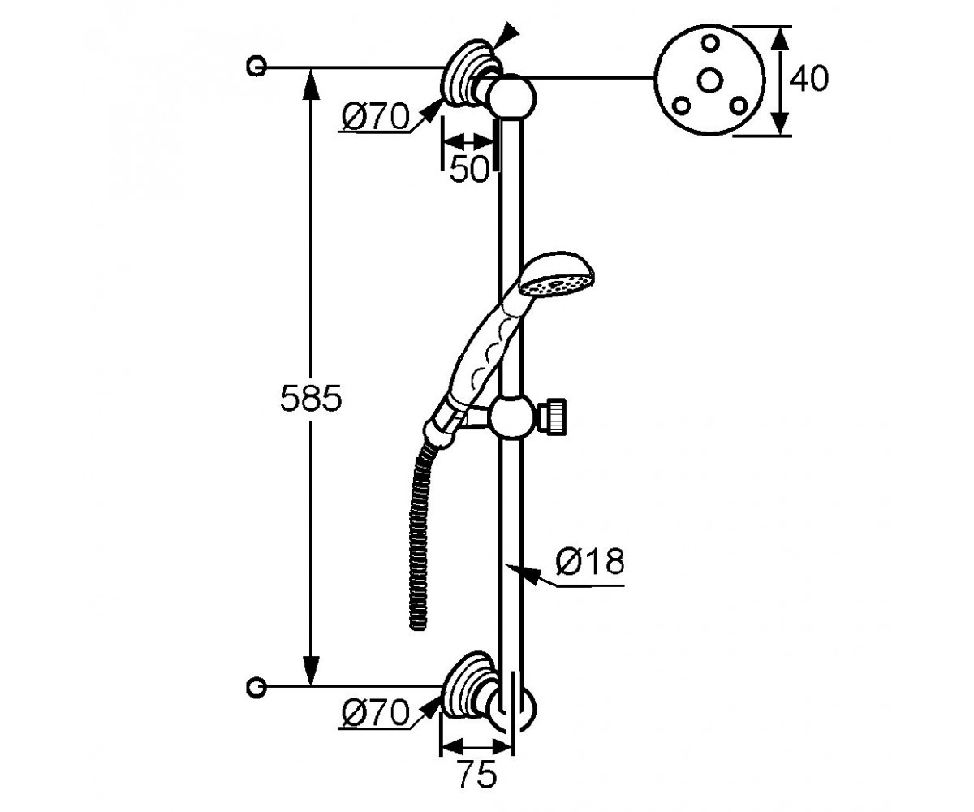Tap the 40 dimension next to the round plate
(x=809, y=79)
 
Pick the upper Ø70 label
(x=376, y=116)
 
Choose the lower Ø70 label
(x=376, y=713)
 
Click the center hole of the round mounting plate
(x=710, y=80)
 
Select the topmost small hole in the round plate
(x=710, y=43)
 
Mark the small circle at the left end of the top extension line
(x=256, y=67)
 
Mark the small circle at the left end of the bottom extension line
(x=256, y=686)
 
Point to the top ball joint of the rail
(x=511, y=98)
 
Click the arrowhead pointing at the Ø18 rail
(x=520, y=571)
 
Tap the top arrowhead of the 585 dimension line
(x=311, y=84)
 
